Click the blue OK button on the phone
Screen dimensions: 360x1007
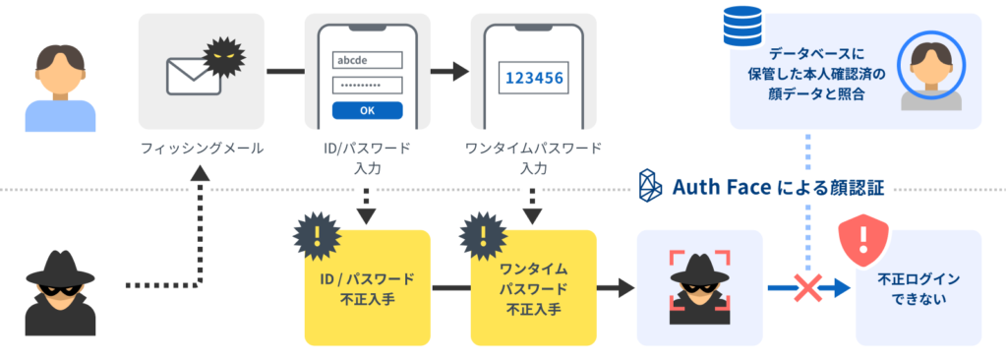pos(367,109)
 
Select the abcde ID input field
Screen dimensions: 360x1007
pos(367,59)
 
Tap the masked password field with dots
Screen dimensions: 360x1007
pos(367,85)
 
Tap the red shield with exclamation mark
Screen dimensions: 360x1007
pos(861,240)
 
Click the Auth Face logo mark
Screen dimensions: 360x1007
pos(651,185)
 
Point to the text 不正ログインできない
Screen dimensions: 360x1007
pos(918,289)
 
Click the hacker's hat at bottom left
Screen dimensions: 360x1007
pos(53,267)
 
